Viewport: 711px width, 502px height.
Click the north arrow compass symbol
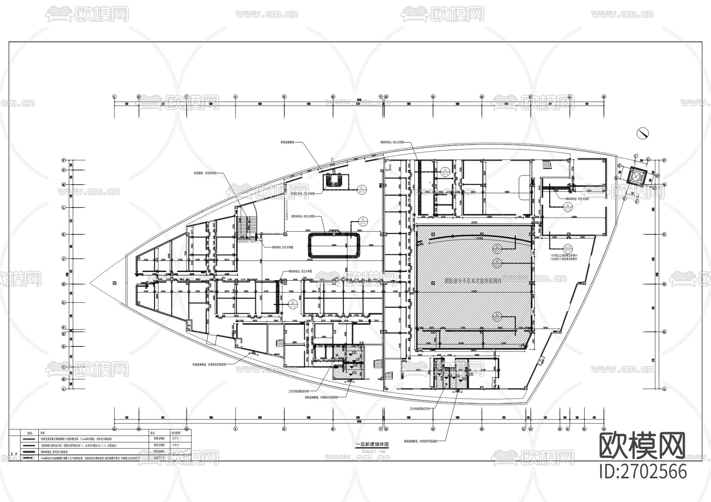tap(643, 133)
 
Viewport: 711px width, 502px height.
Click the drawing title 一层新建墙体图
tap(372, 444)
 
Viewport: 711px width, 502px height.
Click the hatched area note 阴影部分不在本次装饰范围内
tap(472, 281)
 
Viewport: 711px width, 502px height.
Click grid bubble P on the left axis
tap(63, 160)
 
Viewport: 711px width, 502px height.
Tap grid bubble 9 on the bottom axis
tap(433, 429)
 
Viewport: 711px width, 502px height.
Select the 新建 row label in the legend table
tap(15, 454)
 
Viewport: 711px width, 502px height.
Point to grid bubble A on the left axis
tap(63, 389)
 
